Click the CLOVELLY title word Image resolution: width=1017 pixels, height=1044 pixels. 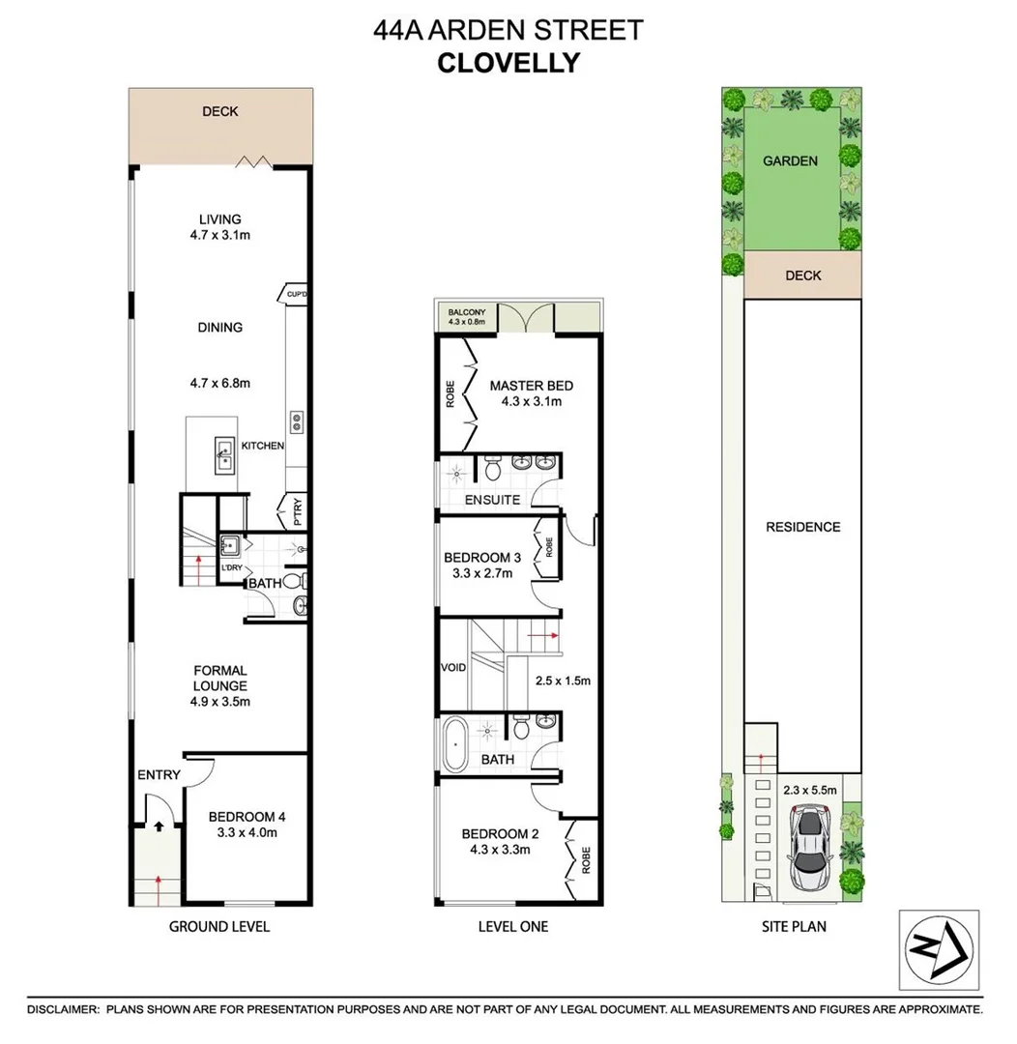508,64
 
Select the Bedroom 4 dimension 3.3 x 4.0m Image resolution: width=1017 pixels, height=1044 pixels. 247,832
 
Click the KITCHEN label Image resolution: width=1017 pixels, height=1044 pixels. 263,446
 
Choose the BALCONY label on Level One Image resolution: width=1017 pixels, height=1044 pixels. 465,312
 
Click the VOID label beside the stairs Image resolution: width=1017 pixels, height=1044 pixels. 453,668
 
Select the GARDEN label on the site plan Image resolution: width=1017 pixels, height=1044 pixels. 790,161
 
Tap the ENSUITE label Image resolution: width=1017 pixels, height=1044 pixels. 492,500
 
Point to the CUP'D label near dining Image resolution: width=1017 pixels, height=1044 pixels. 296,292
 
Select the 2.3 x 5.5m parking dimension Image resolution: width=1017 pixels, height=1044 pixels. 809,789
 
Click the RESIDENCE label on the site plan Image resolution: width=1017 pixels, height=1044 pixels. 802,527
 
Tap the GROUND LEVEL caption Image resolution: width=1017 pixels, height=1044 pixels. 219,926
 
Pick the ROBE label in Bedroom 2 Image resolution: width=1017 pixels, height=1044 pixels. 584,858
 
